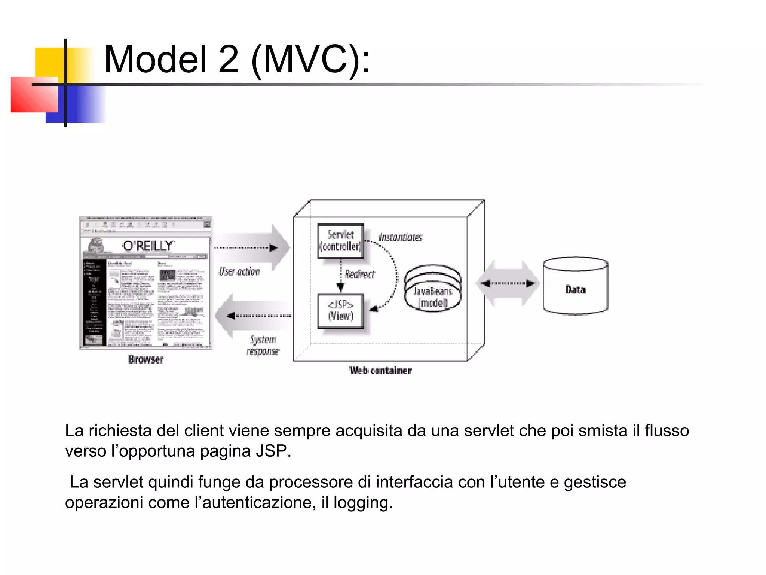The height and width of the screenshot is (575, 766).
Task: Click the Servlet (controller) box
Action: click(x=340, y=241)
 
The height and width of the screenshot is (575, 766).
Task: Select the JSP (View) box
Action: click(x=340, y=311)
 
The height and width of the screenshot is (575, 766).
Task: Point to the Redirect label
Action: click(x=359, y=274)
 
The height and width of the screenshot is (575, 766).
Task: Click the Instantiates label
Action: click(x=401, y=237)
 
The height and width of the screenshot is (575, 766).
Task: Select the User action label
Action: click(x=239, y=271)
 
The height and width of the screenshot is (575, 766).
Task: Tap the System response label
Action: click(x=263, y=345)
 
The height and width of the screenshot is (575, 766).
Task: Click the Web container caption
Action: click(x=380, y=371)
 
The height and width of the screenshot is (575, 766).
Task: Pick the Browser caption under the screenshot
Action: click(x=146, y=360)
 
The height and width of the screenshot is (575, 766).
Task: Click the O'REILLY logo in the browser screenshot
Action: click(x=148, y=246)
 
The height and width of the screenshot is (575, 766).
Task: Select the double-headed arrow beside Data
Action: click(x=508, y=283)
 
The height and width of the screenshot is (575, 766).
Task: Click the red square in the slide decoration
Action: click(x=34, y=95)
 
